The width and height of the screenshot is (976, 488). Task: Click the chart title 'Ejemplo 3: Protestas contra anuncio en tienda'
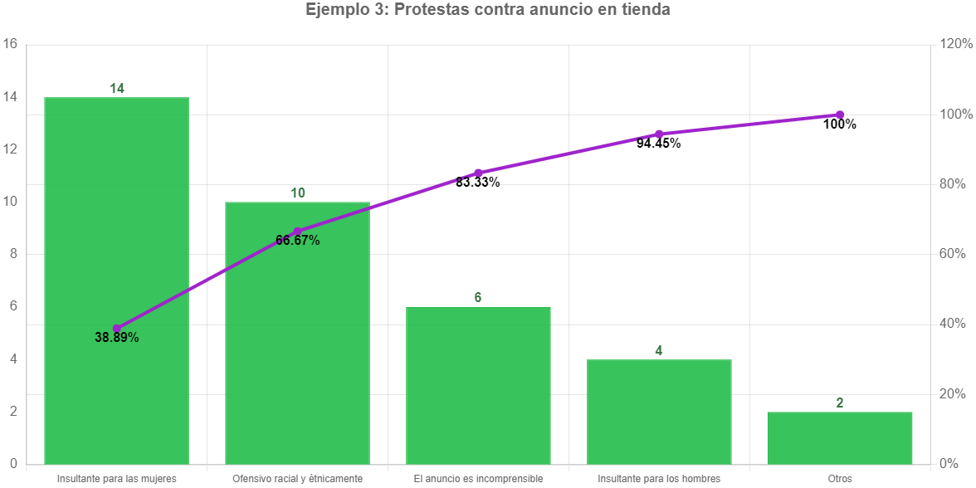[x=488, y=10]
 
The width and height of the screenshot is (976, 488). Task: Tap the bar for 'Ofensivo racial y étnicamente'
[x=298, y=349]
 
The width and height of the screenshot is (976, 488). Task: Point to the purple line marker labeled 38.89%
[x=117, y=329]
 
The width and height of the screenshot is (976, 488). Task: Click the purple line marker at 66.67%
[x=298, y=232]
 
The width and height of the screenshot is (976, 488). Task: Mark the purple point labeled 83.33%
[x=478, y=173]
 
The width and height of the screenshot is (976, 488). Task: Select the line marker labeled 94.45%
[x=659, y=134]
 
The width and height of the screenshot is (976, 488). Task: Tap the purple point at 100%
[x=840, y=115]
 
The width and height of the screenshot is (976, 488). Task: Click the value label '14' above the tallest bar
[x=117, y=88]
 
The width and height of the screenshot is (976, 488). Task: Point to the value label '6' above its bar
[x=478, y=297]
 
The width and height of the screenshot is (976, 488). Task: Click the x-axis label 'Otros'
[x=840, y=479]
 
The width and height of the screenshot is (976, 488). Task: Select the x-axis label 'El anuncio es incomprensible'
[x=478, y=479]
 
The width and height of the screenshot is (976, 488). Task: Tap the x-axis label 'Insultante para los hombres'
[x=659, y=479]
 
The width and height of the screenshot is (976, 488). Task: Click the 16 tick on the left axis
[x=10, y=45]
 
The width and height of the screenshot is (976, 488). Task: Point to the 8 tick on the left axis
[x=12, y=255]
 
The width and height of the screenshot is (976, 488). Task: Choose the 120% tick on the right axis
[x=956, y=45]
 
